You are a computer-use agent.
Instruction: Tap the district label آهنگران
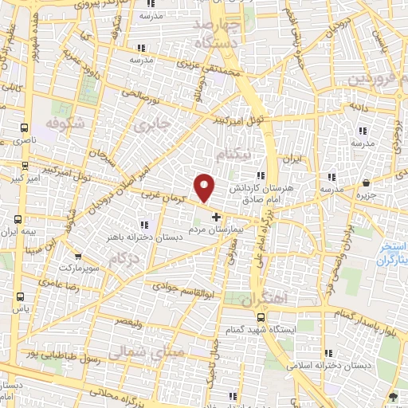pos(263,298)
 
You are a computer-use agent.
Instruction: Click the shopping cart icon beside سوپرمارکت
pos(78,257)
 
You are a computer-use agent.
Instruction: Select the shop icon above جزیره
pos(365,182)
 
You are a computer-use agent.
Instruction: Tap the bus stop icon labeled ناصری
pos(24,127)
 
